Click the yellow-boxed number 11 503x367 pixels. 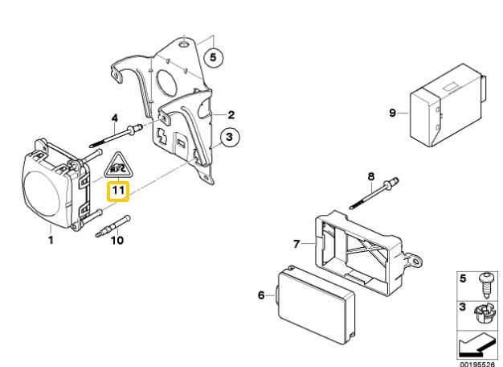[118, 192]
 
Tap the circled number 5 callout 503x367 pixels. [212, 56]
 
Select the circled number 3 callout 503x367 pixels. [228, 138]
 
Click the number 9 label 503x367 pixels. [393, 113]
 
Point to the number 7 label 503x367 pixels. [296, 243]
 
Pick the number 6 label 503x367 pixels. [261, 295]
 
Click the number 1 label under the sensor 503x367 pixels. [50, 239]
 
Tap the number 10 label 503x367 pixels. [116, 240]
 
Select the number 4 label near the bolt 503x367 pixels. [115, 118]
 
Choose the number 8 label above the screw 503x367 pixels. [371, 176]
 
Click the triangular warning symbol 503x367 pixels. [118, 166]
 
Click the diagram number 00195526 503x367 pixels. [479, 362]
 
